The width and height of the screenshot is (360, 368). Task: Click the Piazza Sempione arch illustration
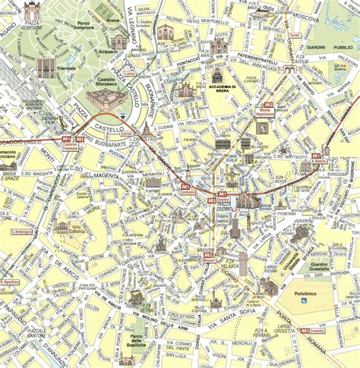point(32,11)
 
